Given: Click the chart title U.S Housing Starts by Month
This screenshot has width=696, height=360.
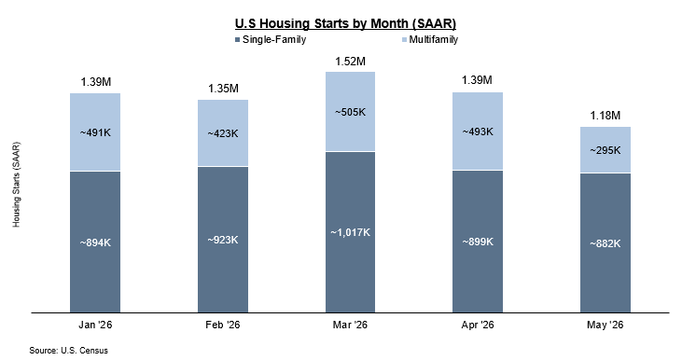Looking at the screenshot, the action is point(345,23).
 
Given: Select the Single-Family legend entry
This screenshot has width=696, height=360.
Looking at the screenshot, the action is point(271,39).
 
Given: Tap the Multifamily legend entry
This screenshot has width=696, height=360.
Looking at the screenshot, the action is point(430,39).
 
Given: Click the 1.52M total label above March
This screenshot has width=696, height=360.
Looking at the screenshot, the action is point(350,62).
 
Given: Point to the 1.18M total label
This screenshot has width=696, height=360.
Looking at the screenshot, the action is point(605,116).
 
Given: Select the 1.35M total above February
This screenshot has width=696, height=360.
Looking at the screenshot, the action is point(223,89).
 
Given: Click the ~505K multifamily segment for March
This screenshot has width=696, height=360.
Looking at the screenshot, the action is point(350,112).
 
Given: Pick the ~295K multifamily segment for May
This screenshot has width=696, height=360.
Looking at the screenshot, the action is point(605,150).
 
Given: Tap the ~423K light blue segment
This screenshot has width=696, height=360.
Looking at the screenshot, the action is point(223,133).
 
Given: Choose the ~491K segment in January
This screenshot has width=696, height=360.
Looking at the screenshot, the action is point(95,132).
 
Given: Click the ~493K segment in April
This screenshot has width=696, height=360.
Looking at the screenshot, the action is point(478,132).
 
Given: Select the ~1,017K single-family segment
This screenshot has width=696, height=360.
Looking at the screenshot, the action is point(350,232).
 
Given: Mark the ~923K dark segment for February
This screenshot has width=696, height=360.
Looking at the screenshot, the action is point(223,240).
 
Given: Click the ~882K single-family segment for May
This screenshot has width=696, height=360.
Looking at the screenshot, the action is point(605,243).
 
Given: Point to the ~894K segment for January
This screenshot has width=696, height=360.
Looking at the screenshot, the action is point(95,242).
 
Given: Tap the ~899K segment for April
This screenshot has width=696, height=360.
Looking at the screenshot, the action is point(478,242).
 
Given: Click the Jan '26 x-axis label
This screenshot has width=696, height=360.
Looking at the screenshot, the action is point(95,325).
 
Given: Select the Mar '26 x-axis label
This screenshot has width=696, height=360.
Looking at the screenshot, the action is point(350,325).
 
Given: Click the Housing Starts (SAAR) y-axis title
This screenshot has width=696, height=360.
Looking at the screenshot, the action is point(17,185).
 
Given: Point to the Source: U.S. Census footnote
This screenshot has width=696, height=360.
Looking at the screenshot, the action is point(69,351).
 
